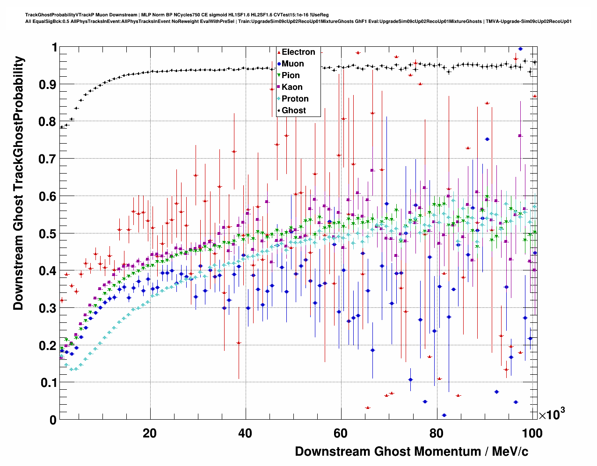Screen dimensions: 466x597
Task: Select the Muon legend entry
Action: tap(292, 64)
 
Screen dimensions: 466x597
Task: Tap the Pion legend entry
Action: tap(291, 76)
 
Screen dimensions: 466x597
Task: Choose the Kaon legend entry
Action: tap(292, 87)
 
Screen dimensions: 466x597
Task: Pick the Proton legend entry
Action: tap(295, 99)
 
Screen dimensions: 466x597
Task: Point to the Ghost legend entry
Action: tap(293, 111)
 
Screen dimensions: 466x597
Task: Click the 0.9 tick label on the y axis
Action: tap(48, 85)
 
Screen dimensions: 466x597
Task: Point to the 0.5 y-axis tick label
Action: tap(48, 233)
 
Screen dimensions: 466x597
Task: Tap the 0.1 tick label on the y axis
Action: tap(48, 383)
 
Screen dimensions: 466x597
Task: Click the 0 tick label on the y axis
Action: tap(53, 420)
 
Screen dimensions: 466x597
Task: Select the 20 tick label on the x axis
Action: tap(150, 433)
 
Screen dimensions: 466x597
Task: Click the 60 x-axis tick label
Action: tap(341, 433)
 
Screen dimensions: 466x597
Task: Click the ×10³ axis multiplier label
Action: tap(552, 414)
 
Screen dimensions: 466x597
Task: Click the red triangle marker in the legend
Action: tap(279, 52)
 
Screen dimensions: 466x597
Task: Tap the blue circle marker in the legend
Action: tap(279, 64)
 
